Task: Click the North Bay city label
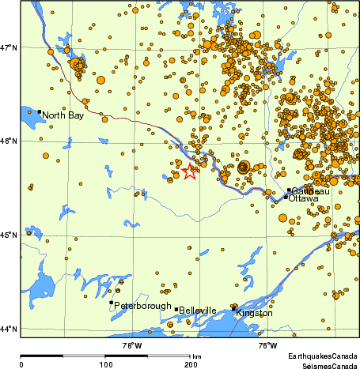pos(63,115)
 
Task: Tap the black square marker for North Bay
pos(39,112)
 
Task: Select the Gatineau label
pos(309,191)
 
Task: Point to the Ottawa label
pos(303,199)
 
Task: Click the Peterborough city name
pos(143,306)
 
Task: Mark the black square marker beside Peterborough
pos(111,302)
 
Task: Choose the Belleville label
pos(198,311)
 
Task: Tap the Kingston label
pos(255,314)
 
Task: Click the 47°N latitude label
pos(9,47)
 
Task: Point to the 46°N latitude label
pos(9,141)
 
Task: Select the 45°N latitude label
pos(9,235)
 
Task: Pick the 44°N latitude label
pos(9,329)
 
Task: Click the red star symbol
pos(190,171)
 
